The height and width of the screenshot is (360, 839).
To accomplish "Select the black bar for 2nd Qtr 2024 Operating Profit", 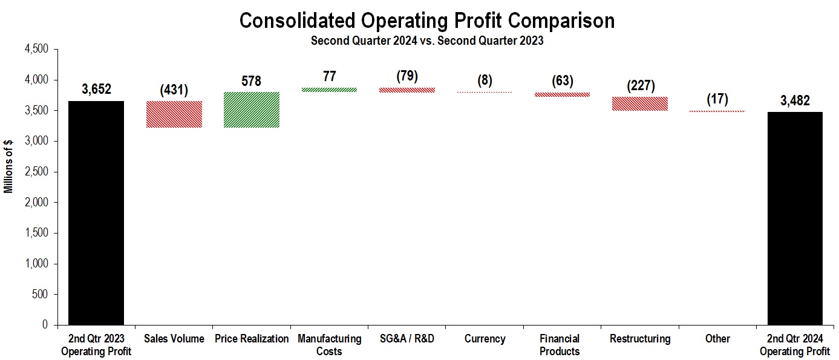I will (x=795, y=218).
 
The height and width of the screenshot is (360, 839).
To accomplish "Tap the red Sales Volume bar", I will (x=174, y=114).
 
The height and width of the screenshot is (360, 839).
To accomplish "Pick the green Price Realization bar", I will (x=251, y=110).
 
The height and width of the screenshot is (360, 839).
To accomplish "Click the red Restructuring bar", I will (x=640, y=104).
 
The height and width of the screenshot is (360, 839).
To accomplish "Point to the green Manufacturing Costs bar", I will (x=329, y=90).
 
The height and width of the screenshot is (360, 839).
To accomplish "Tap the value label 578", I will (x=251, y=81).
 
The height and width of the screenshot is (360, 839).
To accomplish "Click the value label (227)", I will (x=640, y=86).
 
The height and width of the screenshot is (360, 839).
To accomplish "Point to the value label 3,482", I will (x=795, y=100).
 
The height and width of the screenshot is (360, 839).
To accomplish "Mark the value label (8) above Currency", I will (x=485, y=81).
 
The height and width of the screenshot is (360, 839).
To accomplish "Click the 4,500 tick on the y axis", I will (x=37, y=49).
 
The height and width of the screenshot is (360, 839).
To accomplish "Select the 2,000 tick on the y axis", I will (x=37, y=203).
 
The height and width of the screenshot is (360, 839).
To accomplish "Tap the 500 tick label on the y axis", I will (x=41, y=295).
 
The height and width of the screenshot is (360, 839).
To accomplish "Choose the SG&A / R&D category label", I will (x=406, y=339).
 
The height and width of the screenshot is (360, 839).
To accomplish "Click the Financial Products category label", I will (x=560, y=345).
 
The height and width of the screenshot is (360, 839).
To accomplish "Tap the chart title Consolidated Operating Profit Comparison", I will (x=427, y=21).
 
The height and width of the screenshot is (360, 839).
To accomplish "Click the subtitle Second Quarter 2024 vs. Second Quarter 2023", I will (x=427, y=41).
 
